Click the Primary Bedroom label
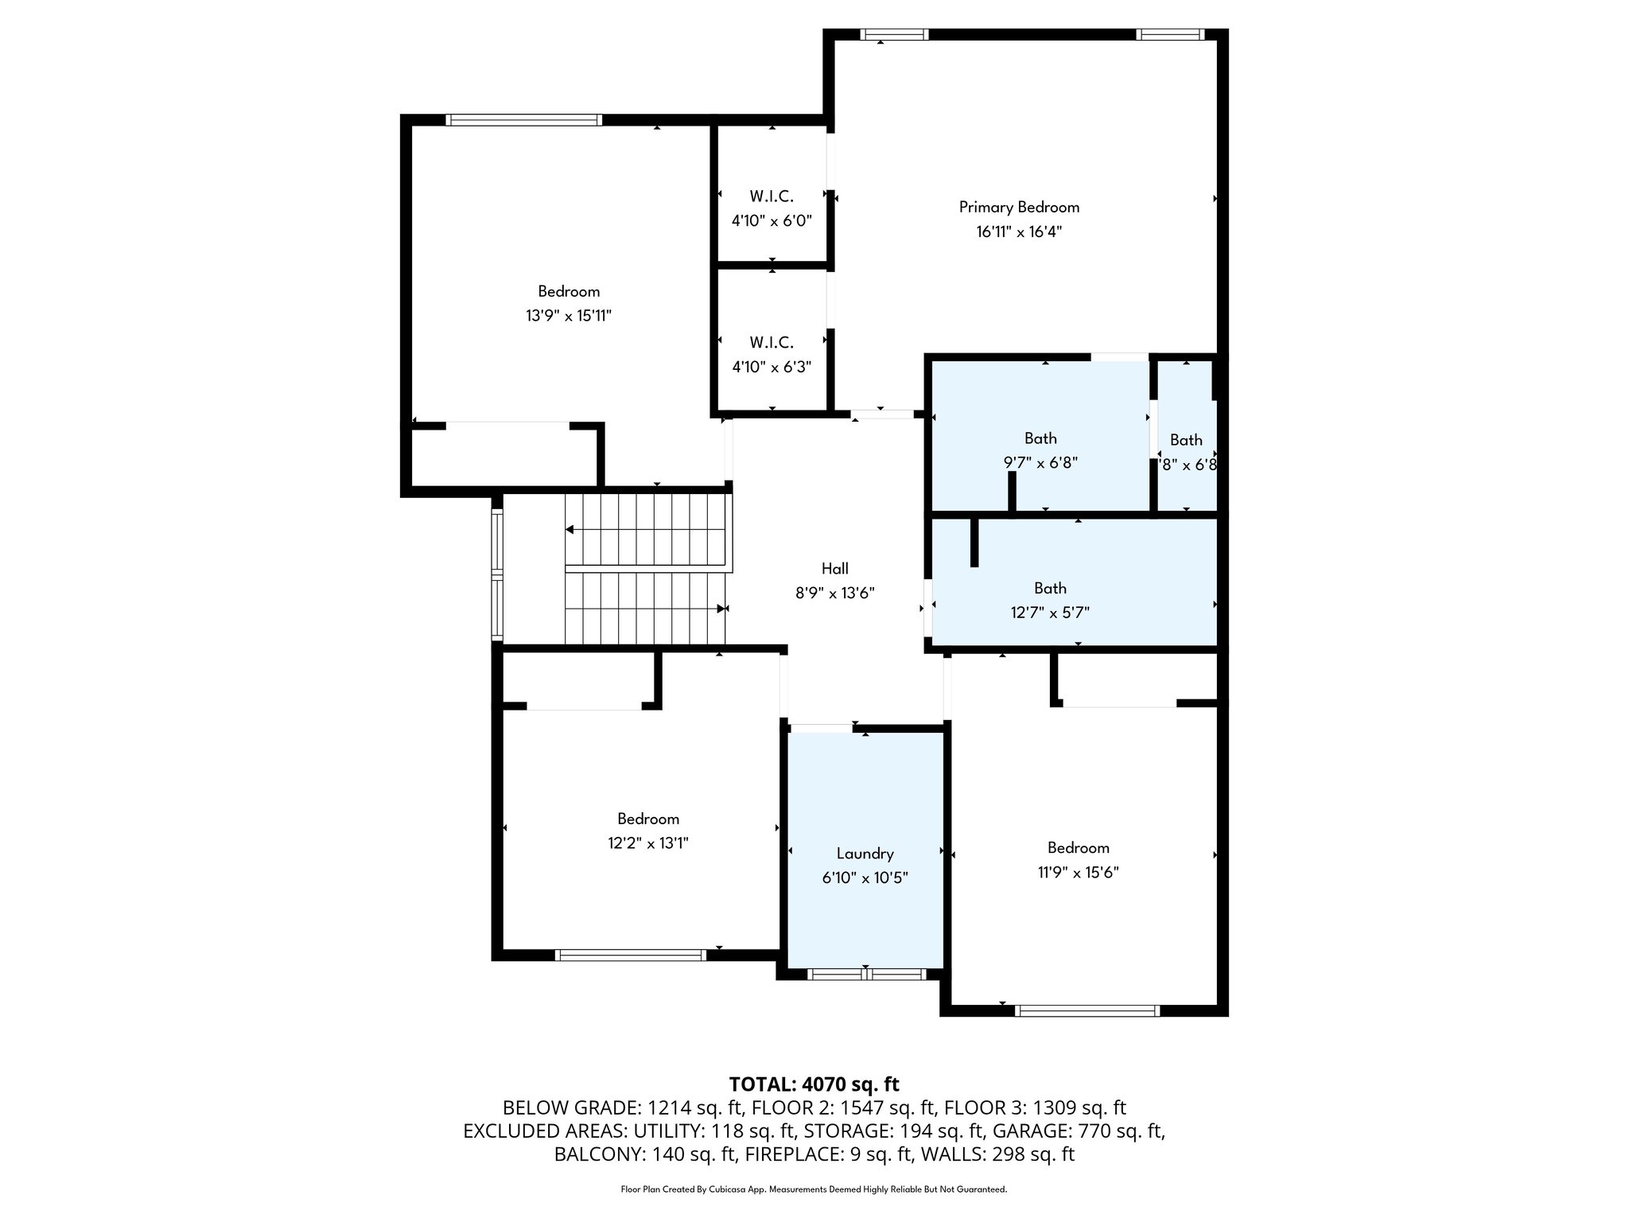pyautogui.click(x=1019, y=208)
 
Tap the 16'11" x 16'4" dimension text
pyautogui.click(x=1019, y=232)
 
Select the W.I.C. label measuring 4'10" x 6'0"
pyautogui.click(x=772, y=196)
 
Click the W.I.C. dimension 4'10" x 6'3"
pyautogui.click(x=772, y=367)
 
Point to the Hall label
pyautogui.click(x=834, y=568)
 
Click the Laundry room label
pyautogui.click(x=865, y=854)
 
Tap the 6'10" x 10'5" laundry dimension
pyautogui.click(x=865, y=878)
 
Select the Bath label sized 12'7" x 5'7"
pyautogui.click(x=1050, y=588)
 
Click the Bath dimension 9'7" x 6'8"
pyautogui.click(x=1040, y=462)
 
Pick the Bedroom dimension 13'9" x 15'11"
pyautogui.click(x=568, y=316)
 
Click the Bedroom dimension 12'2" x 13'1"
pyautogui.click(x=647, y=843)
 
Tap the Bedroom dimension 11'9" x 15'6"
pyautogui.click(x=1078, y=872)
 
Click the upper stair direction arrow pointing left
pyautogui.click(x=571, y=529)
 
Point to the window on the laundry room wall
pyautogui.click(x=866, y=974)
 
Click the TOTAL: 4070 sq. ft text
pyautogui.click(x=814, y=1084)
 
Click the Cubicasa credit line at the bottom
pyautogui.click(x=814, y=1189)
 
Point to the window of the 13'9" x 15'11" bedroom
pyautogui.click(x=523, y=120)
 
